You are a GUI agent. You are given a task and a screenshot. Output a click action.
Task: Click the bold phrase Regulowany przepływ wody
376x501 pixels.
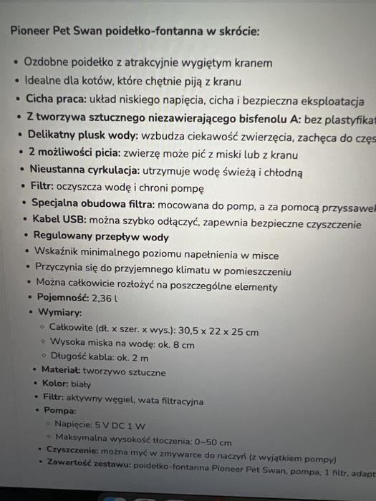pos(101,237)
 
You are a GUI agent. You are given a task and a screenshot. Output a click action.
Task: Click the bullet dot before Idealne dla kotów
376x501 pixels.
pos(16,82)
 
